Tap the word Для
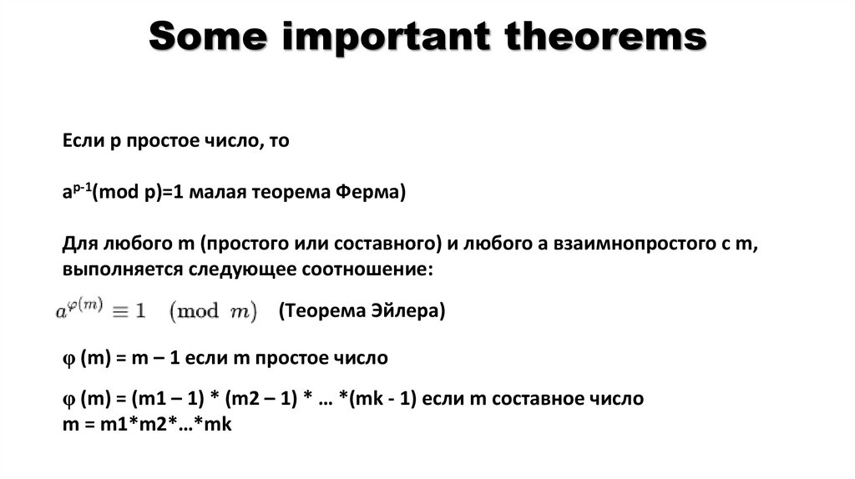click(79, 245)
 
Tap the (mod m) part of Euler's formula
click(214, 310)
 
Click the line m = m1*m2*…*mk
click(147, 424)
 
